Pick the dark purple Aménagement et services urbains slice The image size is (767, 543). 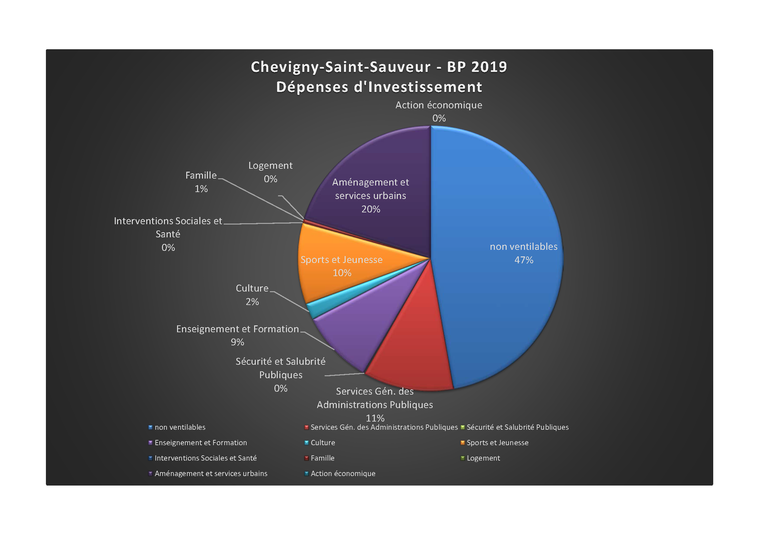click(384, 228)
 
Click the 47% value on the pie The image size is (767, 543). click(523, 260)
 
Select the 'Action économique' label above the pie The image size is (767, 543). click(439, 105)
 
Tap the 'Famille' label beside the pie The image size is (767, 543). click(201, 176)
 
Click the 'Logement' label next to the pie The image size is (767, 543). click(270, 166)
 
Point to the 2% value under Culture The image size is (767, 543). click(252, 302)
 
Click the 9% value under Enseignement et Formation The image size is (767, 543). click(237, 342)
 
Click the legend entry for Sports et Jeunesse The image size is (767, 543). click(497, 443)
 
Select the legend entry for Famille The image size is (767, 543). click(322, 458)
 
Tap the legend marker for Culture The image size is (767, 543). click(306, 443)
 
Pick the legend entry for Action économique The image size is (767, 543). click(343, 473)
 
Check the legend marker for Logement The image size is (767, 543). click(463, 458)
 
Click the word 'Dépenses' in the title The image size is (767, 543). click(313, 87)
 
